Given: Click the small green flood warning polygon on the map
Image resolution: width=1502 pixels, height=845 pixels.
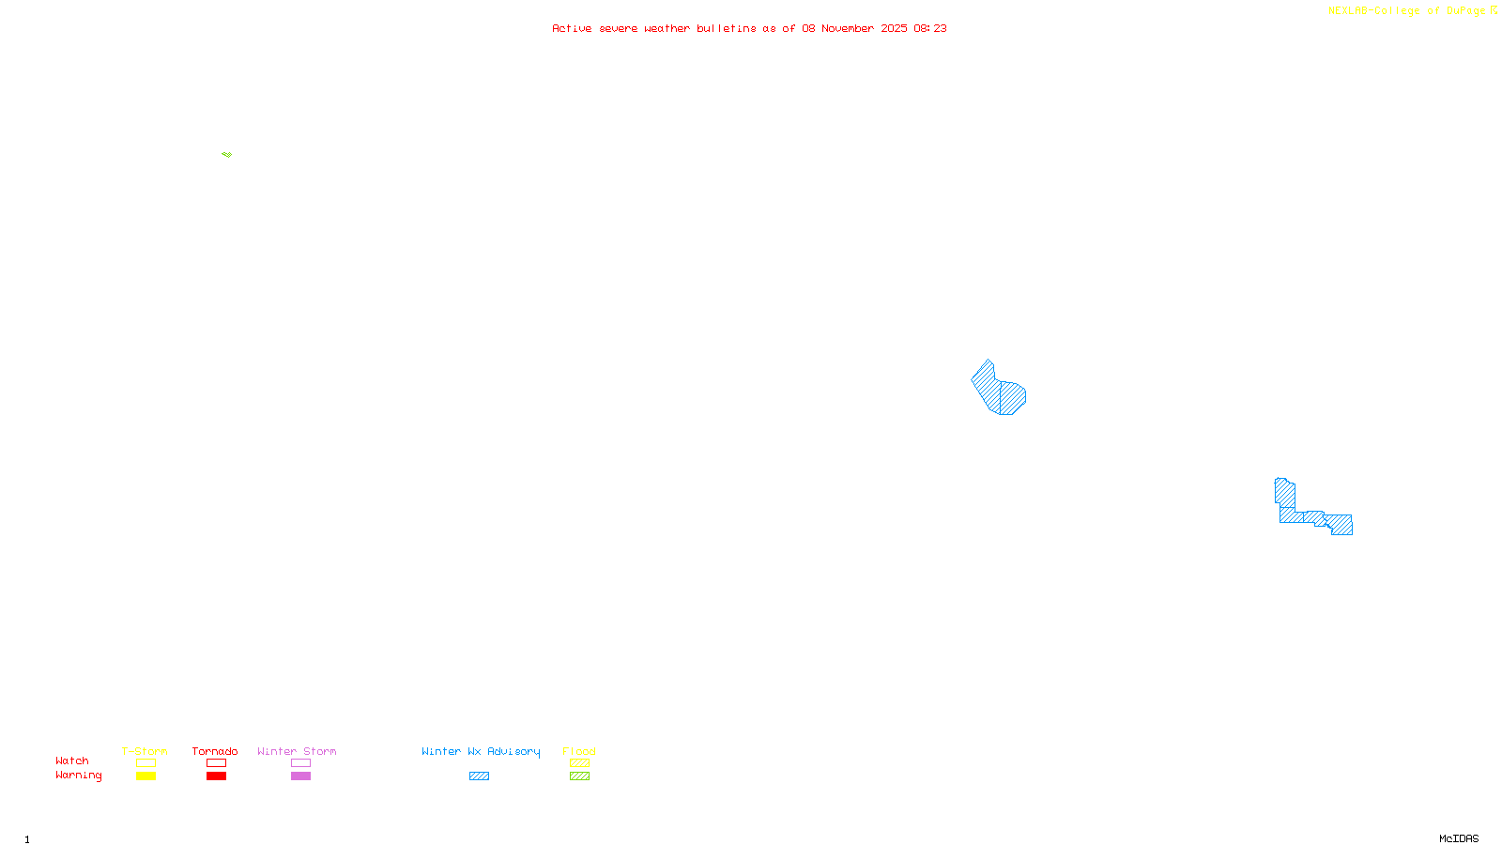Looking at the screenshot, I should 227,154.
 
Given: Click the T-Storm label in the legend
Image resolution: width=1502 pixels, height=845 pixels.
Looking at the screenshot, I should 145,751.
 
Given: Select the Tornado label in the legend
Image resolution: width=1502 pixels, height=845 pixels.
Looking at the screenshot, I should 215,751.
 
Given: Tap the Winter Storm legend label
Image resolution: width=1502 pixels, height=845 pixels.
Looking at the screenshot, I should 297,751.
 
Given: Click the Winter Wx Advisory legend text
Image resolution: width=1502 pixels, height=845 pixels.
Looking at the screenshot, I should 481,751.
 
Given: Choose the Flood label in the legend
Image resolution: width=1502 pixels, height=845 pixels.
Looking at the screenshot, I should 579,751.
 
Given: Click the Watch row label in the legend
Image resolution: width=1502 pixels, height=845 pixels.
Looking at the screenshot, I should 72,761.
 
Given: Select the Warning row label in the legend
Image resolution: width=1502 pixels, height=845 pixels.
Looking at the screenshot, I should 78,776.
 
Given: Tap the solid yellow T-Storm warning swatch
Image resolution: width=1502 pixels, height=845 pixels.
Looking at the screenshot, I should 146,776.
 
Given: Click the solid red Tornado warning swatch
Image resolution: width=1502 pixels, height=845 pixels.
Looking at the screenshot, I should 217,776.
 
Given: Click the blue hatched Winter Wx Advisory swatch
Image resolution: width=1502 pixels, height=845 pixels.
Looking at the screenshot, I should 479,776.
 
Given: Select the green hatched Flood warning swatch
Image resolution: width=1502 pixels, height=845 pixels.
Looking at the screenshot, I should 579,776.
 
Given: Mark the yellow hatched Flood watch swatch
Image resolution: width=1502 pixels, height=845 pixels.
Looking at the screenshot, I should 579,763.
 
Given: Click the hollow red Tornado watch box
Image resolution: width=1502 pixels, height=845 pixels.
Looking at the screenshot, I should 217,763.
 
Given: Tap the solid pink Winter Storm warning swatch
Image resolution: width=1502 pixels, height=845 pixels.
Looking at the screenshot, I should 300,776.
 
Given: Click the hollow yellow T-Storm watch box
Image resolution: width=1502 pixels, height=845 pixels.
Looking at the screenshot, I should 146,763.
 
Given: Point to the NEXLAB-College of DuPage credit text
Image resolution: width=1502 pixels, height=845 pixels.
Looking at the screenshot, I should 1406,11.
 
